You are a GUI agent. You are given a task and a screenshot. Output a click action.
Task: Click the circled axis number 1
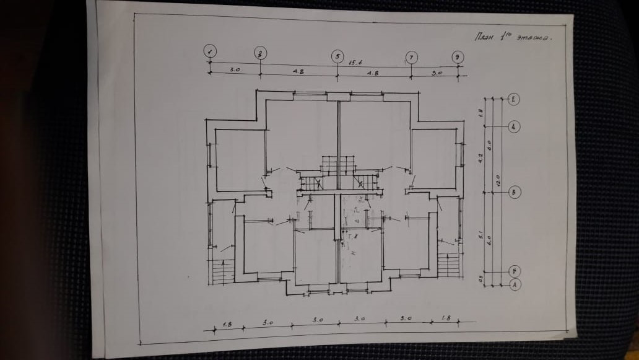211,52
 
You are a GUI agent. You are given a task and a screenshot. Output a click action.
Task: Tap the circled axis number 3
260,53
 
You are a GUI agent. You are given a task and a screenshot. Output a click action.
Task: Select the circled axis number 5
337,56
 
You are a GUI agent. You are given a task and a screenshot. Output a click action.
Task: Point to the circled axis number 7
411,58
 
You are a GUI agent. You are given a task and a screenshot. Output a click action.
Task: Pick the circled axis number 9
457,57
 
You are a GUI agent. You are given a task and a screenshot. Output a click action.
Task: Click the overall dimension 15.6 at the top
355,63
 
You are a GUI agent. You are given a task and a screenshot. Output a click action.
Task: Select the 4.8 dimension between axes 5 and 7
373,73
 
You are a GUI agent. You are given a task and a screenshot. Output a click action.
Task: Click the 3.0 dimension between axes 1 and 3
235,70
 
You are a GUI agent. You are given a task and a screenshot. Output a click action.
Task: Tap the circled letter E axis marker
514,99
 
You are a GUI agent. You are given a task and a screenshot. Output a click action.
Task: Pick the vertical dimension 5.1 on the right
480,236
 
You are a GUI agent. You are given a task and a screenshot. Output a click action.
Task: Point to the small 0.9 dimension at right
480,279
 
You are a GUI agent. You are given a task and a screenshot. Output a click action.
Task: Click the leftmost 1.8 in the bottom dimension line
227,324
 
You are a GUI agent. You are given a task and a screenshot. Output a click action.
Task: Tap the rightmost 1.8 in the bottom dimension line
446,319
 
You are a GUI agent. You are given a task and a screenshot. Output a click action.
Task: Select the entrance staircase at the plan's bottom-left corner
223,271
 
